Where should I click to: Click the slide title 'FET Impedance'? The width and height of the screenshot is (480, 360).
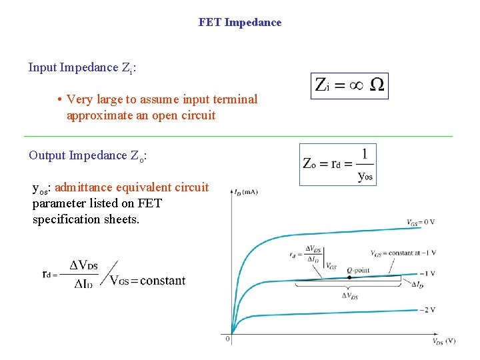pos(240,22)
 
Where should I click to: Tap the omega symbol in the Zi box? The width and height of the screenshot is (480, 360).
pos(377,85)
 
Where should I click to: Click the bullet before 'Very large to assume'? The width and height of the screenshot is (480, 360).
pos(59,100)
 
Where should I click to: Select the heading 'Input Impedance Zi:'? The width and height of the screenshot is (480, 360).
pos(83,67)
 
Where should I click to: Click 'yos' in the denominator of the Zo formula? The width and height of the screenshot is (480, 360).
pos(365,176)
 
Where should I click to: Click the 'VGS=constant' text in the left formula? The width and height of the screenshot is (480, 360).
pos(147,281)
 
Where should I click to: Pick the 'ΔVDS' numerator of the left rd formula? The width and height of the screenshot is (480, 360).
pos(83,265)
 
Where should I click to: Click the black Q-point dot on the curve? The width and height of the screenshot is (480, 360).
pos(349,277)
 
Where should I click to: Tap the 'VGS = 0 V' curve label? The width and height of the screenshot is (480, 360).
pos(421,222)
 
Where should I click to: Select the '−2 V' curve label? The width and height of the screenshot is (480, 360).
pos(428,310)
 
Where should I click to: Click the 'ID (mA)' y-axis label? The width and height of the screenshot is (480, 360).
pos(246,192)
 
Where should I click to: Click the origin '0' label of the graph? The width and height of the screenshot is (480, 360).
pos(227,339)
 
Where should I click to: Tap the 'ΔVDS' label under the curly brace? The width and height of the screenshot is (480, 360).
pos(349,295)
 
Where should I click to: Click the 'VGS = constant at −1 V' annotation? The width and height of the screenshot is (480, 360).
pos(403,253)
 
